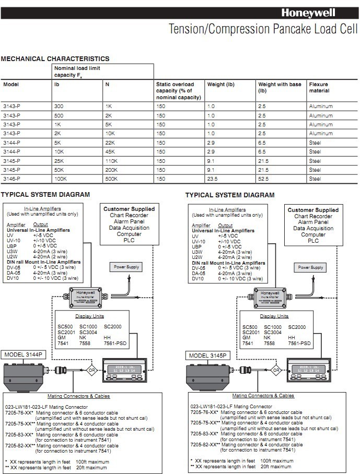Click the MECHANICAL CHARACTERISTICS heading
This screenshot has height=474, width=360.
[x=55, y=59]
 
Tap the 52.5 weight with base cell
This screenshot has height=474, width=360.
[x=263, y=179]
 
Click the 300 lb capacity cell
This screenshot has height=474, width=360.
[x=59, y=106]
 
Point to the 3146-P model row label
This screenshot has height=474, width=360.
[x=11, y=179]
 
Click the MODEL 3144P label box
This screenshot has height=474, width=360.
[x=25, y=354]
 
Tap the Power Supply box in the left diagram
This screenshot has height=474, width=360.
[x=126, y=267]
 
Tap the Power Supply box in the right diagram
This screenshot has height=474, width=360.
[x=310, y=267]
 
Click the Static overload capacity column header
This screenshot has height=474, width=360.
[x=177, y=90]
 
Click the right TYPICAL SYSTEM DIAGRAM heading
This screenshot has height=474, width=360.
[x=229, y=195]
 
